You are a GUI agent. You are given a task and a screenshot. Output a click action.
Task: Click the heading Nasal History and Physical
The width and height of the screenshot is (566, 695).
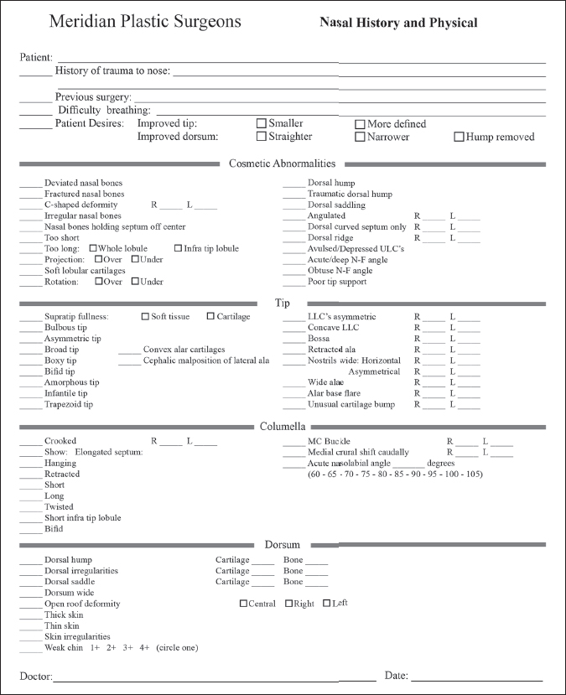pos(398,23)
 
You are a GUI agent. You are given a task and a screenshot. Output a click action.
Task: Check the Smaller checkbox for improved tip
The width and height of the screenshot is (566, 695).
pos(262,123)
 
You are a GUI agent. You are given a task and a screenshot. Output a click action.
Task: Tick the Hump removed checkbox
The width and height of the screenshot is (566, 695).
pos(459,137)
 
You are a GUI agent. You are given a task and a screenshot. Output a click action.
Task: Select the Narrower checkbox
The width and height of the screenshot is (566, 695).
pos(360,137)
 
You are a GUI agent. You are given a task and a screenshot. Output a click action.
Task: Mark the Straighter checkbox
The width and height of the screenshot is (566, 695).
pos(262,137)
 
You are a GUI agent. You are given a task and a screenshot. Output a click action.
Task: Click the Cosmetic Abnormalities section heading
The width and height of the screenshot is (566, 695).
pos(282,163)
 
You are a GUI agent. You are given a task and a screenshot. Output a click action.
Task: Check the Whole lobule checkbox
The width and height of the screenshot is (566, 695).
pos(92,248)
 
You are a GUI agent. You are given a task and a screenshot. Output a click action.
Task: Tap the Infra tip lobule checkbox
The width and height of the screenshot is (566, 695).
pos(179,248)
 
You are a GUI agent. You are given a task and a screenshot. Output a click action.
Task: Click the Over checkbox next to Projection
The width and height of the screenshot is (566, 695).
pos(99,259)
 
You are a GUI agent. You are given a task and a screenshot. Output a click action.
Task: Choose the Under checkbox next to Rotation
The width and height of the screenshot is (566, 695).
pos(134,282)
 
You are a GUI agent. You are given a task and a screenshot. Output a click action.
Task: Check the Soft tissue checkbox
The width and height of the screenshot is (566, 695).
pos(146,316)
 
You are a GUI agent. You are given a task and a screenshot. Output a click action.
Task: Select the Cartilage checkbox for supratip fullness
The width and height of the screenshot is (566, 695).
pos(210,316)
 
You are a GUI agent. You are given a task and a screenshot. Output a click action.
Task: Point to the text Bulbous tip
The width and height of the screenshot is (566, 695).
pos(65,328)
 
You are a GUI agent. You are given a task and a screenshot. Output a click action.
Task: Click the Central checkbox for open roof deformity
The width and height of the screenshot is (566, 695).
pos(244,604)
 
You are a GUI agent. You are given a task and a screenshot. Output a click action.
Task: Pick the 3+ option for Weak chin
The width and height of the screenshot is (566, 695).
pos(127,648)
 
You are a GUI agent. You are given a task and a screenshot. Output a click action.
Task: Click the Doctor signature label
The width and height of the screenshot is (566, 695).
pos(36,676)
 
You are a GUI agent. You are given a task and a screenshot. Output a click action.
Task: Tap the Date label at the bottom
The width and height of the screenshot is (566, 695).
pos(396,675)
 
